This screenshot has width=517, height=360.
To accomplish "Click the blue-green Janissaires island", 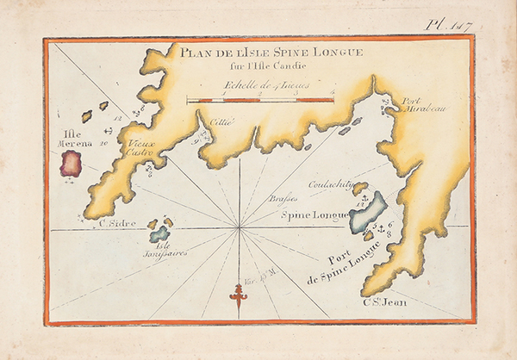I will tap(159, 233).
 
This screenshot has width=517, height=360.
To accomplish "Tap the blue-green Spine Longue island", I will tap(368, 213).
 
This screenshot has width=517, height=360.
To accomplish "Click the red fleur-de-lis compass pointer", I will tap(238, 297).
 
